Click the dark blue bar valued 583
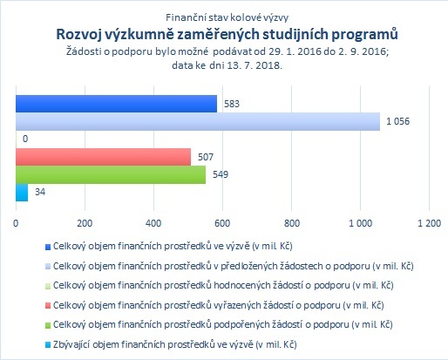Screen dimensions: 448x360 (x=116, y=104)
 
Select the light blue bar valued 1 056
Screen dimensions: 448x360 (x=198, y=121)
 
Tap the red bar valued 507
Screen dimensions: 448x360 (x=103, y=157)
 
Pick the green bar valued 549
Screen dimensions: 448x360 (x=111, y=174)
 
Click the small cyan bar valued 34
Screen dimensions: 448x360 (x=22, y=193)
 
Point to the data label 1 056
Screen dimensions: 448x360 (x=397, y=121)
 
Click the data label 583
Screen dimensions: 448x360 (x=232, y=104)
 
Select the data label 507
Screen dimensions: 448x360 (x=206, y=157)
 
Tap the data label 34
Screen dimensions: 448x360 (x=40, y=192)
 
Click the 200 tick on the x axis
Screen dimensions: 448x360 (x=85, y=223)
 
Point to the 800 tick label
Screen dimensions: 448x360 (x=292, y=223)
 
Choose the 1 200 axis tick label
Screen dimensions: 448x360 (x=429, y=223)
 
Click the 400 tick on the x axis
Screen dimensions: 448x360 (x=153, y=223)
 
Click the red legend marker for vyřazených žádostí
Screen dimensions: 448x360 (x=48, y=306)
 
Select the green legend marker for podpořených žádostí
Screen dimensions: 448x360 (x=48, y=325)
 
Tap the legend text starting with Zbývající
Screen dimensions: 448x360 (x=175, y=344)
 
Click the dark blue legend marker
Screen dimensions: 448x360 (x=48, y=248)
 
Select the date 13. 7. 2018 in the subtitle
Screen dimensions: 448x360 (x=255, y=65)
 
